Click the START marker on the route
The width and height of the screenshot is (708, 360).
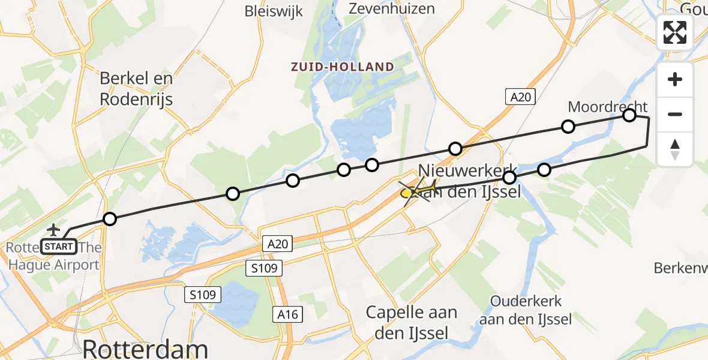tap(59, 246)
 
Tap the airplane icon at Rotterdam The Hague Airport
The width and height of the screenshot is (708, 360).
tap(53, 230)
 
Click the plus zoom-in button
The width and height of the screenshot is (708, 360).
tap(675, 80)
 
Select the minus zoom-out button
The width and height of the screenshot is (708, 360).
tap(675, 114)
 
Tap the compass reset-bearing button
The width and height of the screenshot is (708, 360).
tap(675, 149)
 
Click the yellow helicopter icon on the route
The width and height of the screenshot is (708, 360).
tap(419, 191)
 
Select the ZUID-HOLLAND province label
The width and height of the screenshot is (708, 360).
tap(342, 67)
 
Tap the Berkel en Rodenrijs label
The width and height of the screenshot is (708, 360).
tap(136, 88)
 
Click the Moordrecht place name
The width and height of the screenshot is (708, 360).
tap(607, 107)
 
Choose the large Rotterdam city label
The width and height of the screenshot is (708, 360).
tap(145, 348)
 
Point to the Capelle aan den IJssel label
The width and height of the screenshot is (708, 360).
tap(411, 322)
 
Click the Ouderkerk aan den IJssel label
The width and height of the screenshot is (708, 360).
tap(525, 310)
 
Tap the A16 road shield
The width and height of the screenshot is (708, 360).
tap(287, 314)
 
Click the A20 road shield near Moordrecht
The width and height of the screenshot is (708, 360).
tap(520, 97)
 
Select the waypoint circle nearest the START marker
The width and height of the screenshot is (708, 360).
tap(109, 219)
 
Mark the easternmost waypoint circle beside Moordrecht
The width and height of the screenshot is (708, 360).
tap(629, 115)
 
